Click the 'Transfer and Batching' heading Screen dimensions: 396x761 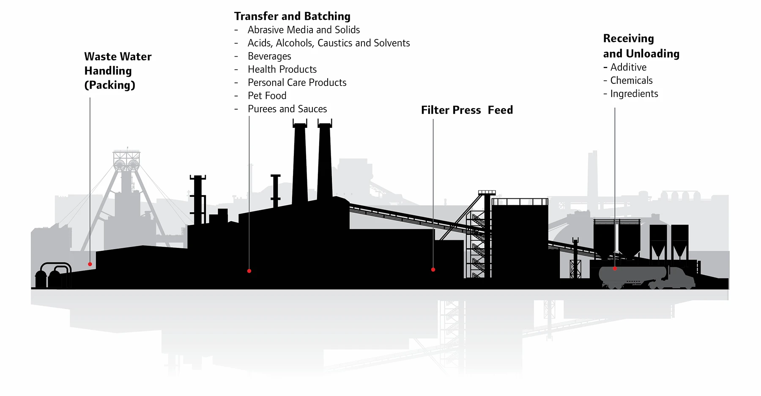click(292, 16)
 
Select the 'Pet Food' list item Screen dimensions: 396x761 click(267, 96)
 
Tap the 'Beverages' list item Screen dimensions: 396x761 click(269, 56)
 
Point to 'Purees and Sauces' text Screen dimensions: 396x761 click(287, 109)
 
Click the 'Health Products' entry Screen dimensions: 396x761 click(282, 69)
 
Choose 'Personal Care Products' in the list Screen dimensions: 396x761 click(297, 82)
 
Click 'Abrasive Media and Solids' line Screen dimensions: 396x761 click(304, 30)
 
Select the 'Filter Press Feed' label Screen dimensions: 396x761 click(467, 110)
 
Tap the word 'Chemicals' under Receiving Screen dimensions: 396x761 click(631, 80)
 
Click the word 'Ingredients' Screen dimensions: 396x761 click(634, 93)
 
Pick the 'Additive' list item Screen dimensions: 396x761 click(628, 67)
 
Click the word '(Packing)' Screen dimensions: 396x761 click(109, 85)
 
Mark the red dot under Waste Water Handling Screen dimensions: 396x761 click(90, 264)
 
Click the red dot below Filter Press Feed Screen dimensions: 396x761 click(433, 269)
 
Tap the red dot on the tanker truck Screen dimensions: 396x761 click(615, 269)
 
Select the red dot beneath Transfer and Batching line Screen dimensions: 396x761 click(249, 271)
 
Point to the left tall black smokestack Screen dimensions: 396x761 click(300, 161)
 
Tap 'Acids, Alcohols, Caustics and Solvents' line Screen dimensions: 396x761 click(328, 43)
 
